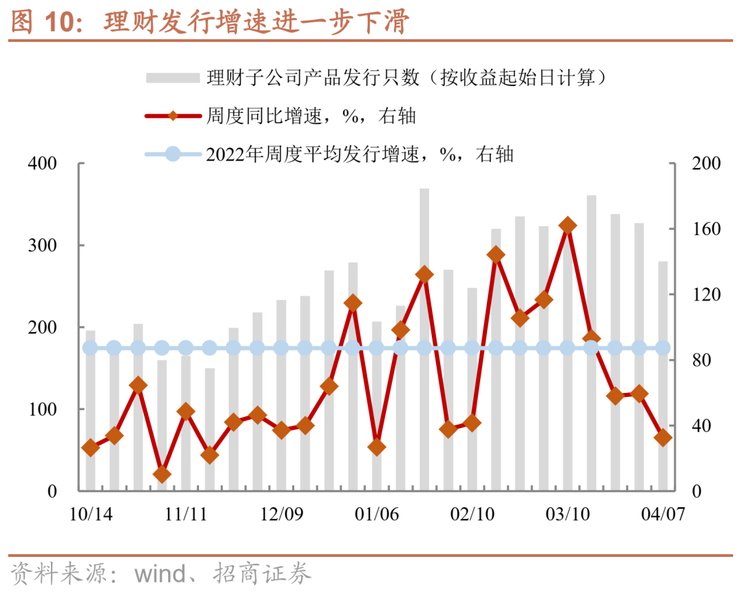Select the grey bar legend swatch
[172, 77]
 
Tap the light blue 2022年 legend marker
[173, 154]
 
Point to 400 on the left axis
[43, 164]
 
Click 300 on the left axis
[43, 246]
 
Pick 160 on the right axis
[706, 229]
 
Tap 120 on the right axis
[706, 295]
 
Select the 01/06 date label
[377, 514]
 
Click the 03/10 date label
[568, 514]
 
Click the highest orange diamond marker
[568, 225]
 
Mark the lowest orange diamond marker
[162, 474]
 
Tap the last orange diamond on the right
[663, 438]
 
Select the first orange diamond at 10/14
[90, 448]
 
